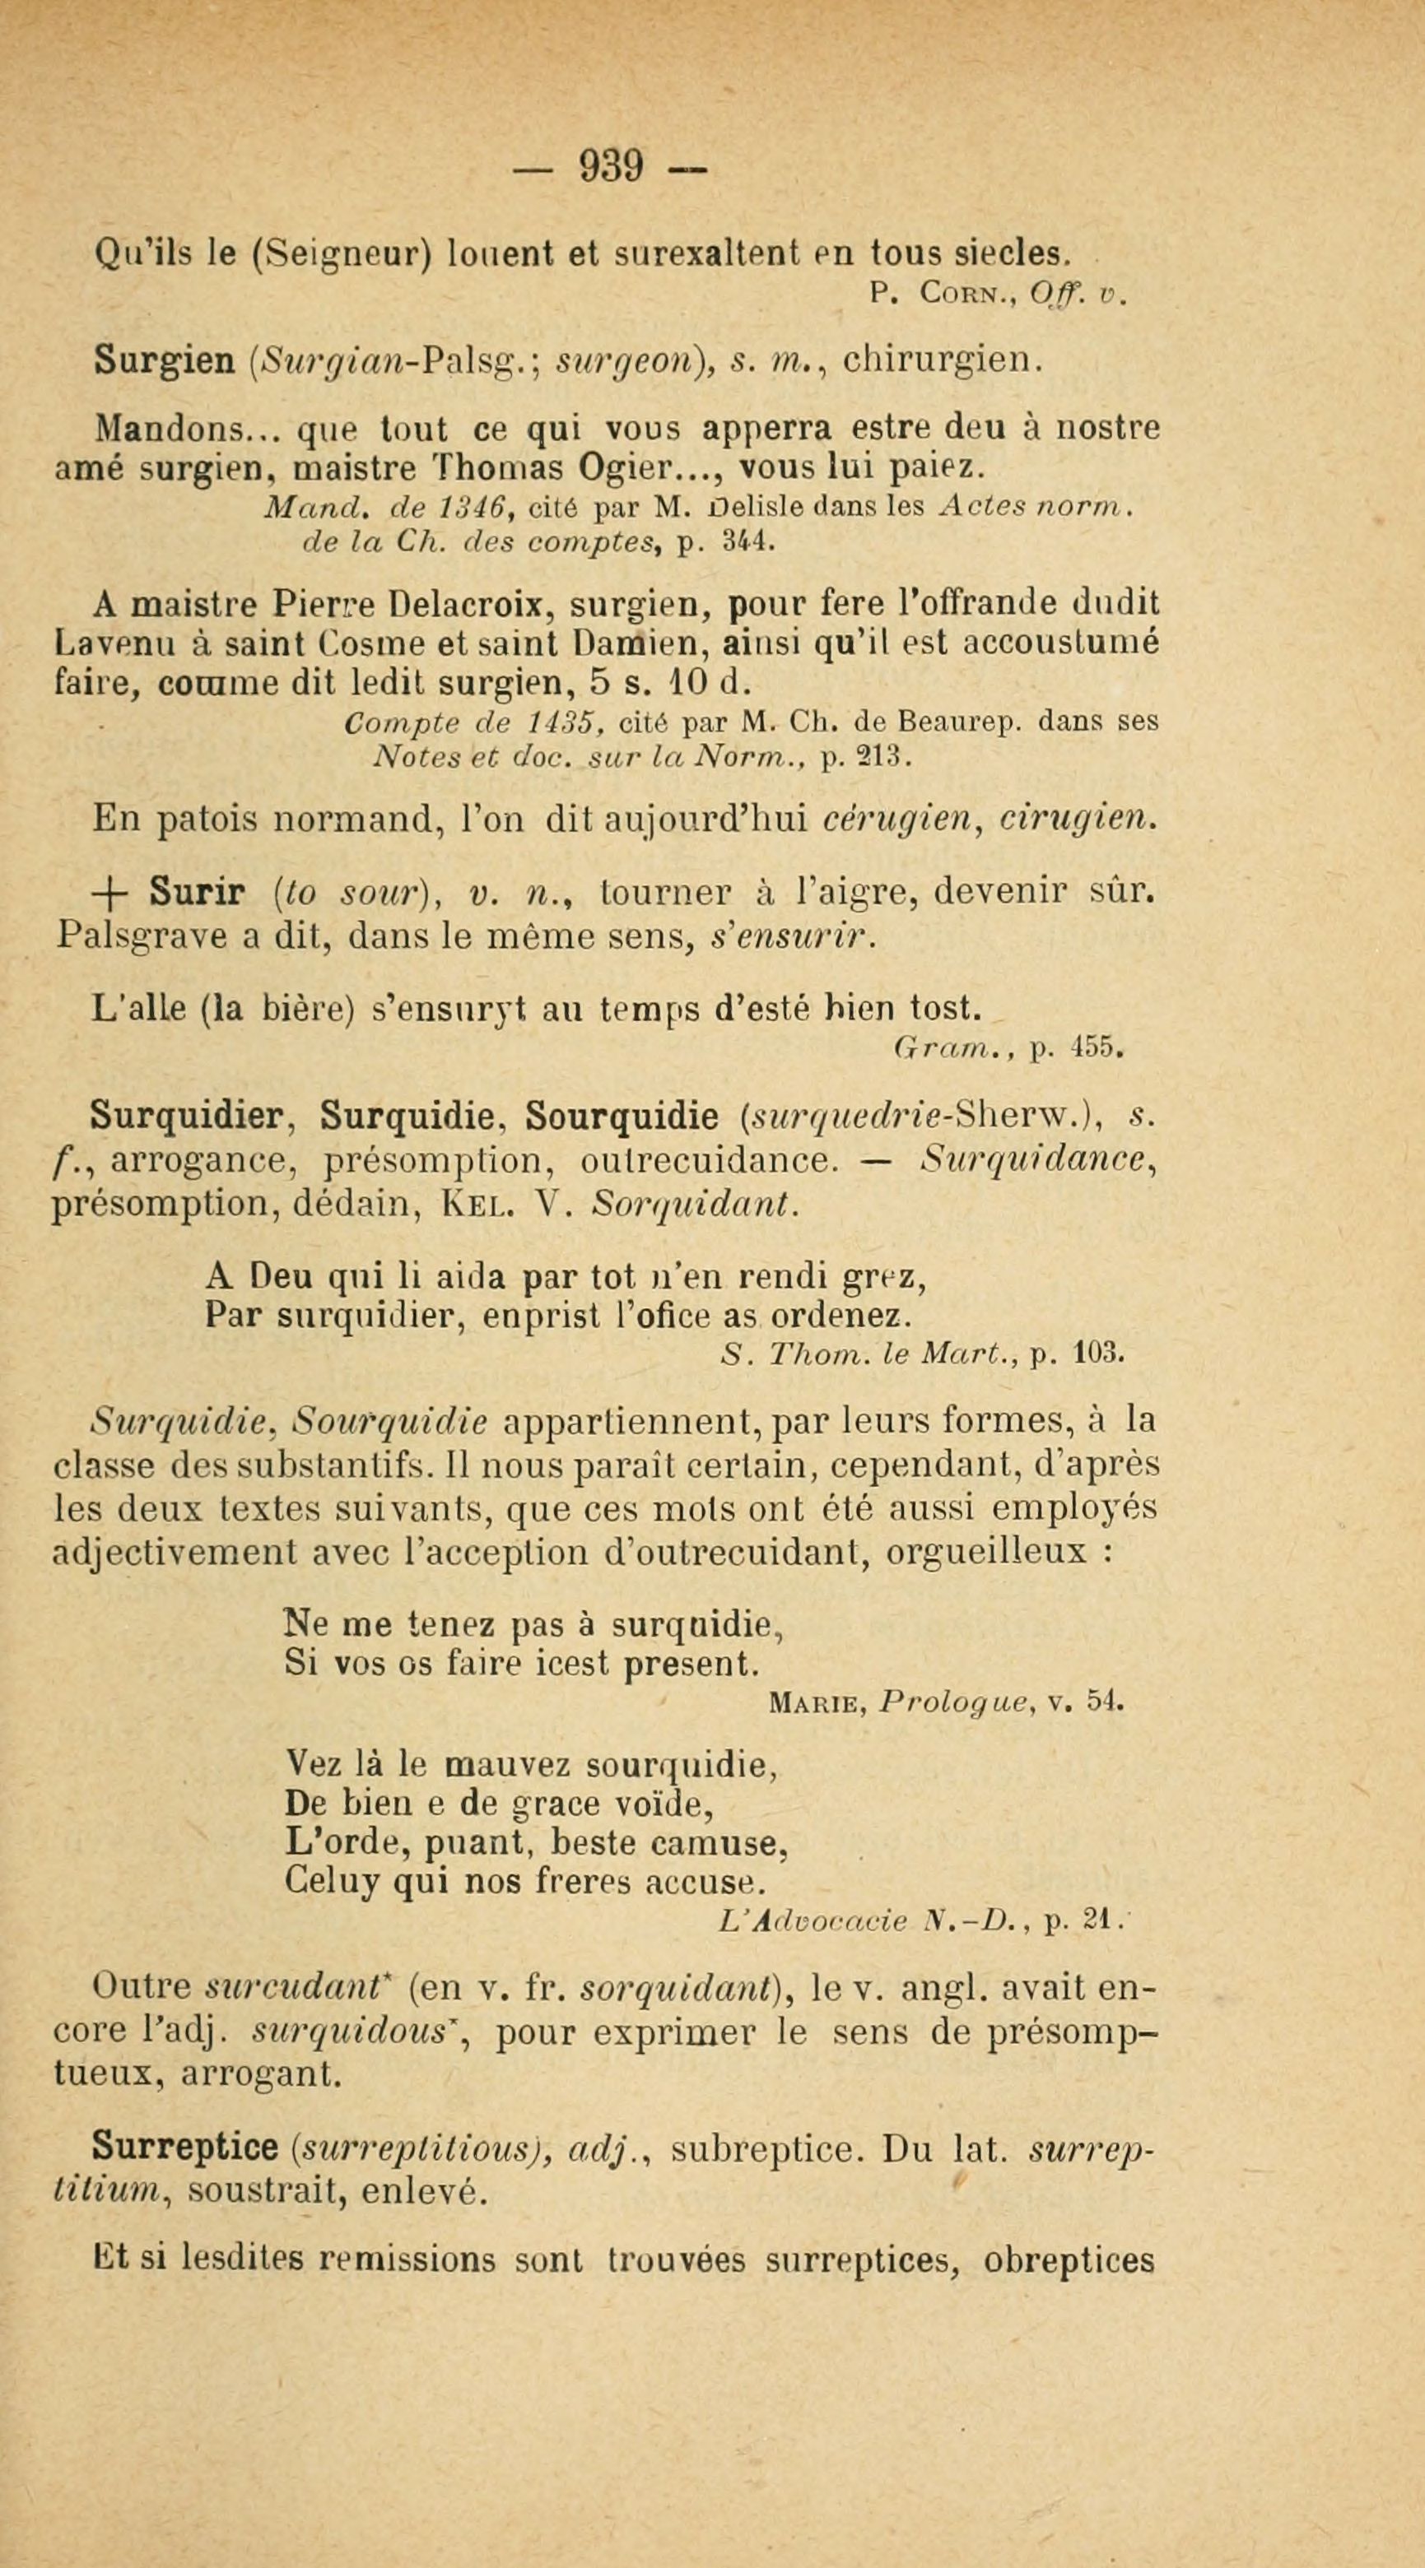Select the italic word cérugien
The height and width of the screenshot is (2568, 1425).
click(900, 820)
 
